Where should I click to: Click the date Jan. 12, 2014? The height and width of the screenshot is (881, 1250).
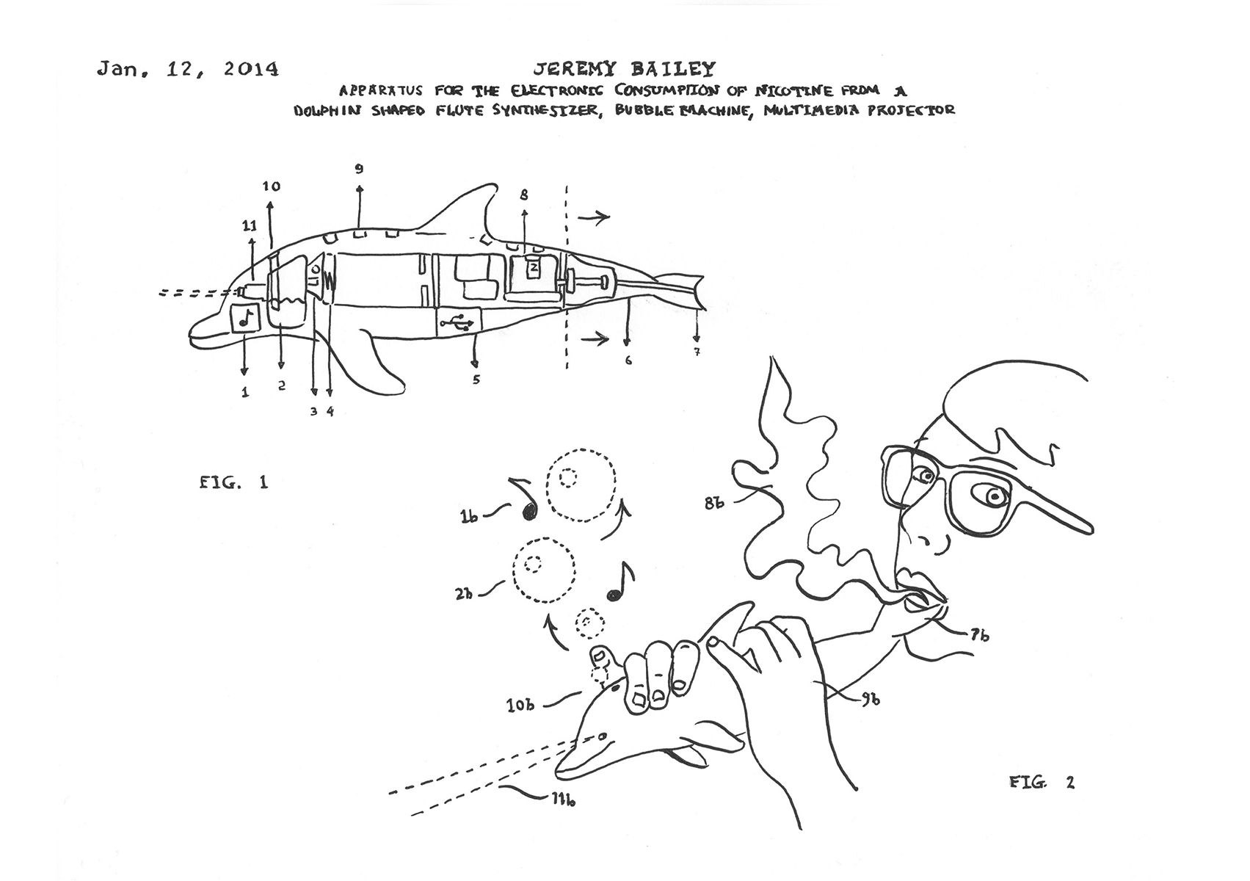[188, 69]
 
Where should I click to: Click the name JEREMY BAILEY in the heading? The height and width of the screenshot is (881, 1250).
[624, 69]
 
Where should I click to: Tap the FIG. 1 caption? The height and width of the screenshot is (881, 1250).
[234, 482]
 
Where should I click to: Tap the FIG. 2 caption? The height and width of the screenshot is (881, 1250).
[1042, 782]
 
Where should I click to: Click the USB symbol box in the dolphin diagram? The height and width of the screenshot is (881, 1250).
[458, 322]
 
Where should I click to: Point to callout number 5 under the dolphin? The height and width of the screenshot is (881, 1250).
[476, 380]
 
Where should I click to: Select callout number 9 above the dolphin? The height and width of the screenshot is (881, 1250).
[360, 169]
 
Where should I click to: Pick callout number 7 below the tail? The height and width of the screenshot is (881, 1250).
[697, 352]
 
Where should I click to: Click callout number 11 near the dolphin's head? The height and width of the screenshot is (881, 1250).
[249, 225]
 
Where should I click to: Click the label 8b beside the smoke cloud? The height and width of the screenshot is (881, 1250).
[713, 502]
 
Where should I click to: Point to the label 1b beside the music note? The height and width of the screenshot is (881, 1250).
[469, 517]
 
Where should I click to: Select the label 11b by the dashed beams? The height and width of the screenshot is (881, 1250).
[564, 800]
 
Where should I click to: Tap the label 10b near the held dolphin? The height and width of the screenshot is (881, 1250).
[520, 705]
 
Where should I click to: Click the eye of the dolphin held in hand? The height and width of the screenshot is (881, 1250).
[602, 737]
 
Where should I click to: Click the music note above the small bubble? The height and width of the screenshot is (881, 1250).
[620, 581]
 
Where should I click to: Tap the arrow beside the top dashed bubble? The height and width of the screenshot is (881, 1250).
[618, 521]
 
